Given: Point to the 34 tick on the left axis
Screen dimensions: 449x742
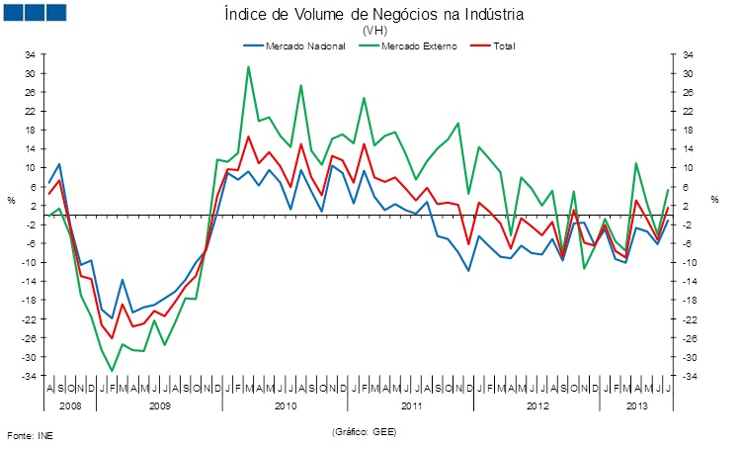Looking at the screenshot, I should tap(30, 54).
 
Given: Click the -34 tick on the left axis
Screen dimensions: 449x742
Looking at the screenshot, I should tap(29, 376).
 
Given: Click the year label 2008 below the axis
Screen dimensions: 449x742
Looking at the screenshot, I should tap(70, 405).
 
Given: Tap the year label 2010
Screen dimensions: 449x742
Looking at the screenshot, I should tap(286, 405).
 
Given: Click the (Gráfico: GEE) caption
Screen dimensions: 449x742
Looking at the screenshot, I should tap(364, 432).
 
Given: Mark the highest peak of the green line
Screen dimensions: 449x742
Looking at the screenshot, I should tap(248, 67).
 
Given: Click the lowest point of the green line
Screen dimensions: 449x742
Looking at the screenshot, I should tap(112, 371).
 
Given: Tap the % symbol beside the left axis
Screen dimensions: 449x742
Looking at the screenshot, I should tap(12, 201).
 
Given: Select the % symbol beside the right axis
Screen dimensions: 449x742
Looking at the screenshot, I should tap(713, 201).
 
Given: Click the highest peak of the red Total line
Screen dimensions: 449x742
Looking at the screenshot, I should tap(248, 136).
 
